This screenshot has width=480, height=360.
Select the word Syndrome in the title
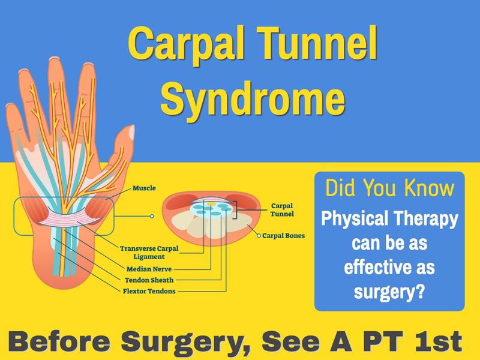click(x=253, y=98)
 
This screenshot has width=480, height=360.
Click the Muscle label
click(x=144, y=188)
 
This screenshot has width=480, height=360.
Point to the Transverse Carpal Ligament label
click(x=149, y=253)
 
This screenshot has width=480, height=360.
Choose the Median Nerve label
click(x=149, y=269)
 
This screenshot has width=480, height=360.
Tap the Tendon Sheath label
click(x=149, y=280)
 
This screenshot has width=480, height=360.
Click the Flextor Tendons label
click(x=149, y=291)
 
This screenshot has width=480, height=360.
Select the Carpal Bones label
click(x=283, y=236)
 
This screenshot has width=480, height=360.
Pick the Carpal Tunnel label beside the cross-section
click(x=282, y=209)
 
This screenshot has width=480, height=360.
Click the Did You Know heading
click(x=389, y=188)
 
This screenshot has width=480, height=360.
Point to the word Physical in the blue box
click(x=355, y=219)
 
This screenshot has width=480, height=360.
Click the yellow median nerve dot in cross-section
click(x=211, y=203)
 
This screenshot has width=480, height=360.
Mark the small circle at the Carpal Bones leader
click(x=259, y=236)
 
